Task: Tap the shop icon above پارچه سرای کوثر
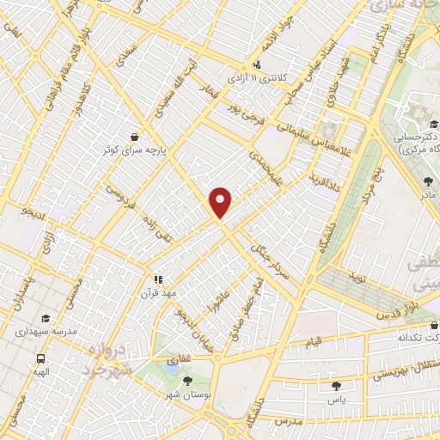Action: pos(134,136)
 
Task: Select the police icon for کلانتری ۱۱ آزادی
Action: pos(257,64)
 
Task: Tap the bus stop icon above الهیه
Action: pos(40,358)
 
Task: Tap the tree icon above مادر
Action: pos(428,180)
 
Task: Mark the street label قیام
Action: pos(315,342)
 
